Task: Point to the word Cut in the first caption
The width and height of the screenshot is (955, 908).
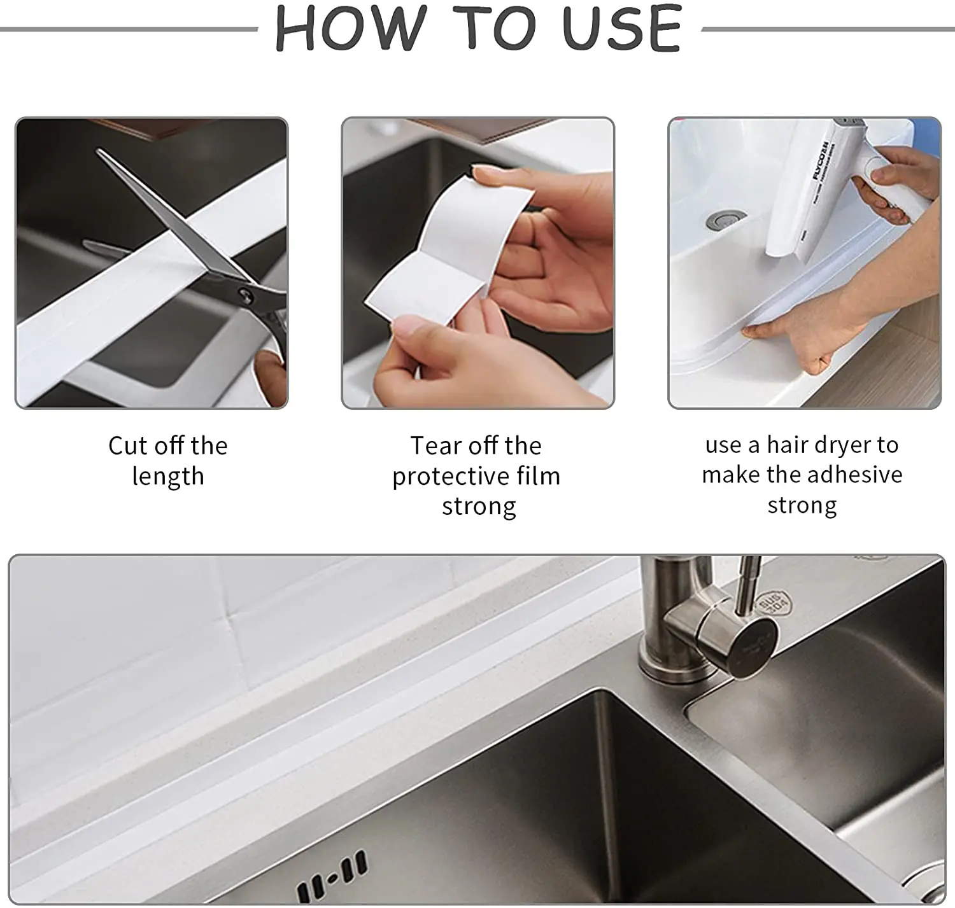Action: click(x=127, y=445)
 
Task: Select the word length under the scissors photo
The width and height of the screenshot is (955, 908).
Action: click(x=168, y=476)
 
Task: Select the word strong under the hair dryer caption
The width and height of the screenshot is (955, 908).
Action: click(x=802, y=505)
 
